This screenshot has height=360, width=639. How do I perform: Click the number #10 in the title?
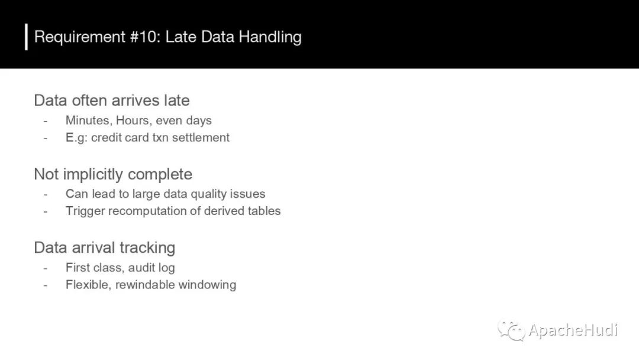click(146, 37)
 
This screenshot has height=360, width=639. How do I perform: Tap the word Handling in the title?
click(270, 37)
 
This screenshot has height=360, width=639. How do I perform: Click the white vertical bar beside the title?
click(27, 37)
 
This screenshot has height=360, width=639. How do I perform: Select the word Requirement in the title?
click(80, 37)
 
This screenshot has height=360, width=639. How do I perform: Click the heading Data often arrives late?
click(112, 100)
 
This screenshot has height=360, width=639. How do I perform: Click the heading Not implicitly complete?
click(113, 175)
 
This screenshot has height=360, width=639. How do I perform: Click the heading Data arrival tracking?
click(104, 248)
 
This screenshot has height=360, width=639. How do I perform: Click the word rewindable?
click(145, 285)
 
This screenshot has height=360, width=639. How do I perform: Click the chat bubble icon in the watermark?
click(511, 330)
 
